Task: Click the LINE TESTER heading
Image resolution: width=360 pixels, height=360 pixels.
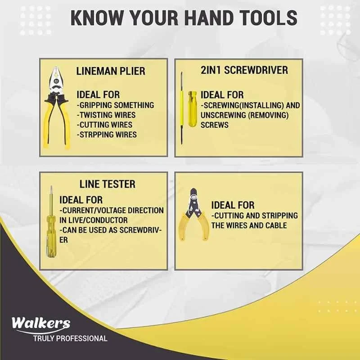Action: pyautogui.click(x=107, y=184)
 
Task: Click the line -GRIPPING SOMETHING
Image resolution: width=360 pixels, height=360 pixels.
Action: pyautogui.click(x=115, y=105)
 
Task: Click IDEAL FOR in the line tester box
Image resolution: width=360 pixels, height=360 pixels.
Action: pyautogui.click(x=81, y=199)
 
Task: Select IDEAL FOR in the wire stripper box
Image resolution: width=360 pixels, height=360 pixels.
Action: pyautogui.click(x=233, y=205)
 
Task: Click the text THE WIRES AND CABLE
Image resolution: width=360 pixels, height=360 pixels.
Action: pyautogui.click(x=249, y=225)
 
